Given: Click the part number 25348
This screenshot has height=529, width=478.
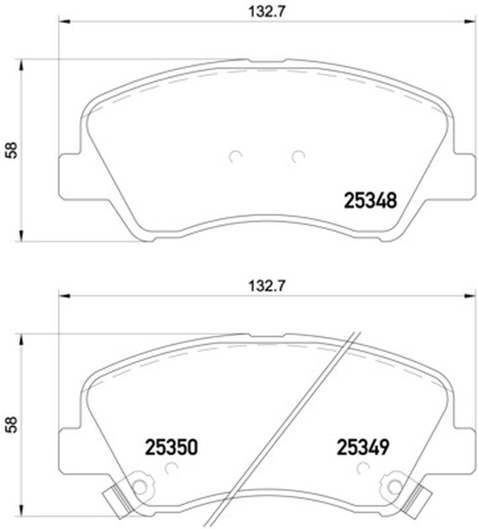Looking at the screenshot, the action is click(370, 201).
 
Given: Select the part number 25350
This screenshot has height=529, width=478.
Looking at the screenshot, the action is click(171, 448).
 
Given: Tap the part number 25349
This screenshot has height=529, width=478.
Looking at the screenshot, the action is click(363, 448).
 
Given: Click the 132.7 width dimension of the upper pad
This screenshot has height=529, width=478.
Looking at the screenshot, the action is click(267, 13).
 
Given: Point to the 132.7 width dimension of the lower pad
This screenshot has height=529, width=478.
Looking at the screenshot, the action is click(267, 286).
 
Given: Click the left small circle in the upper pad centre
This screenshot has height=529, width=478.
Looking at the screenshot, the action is click(235, 156).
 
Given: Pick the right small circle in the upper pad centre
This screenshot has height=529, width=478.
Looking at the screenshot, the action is click(298, 156).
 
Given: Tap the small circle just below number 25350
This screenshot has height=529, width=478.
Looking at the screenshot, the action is click(172, 468).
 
